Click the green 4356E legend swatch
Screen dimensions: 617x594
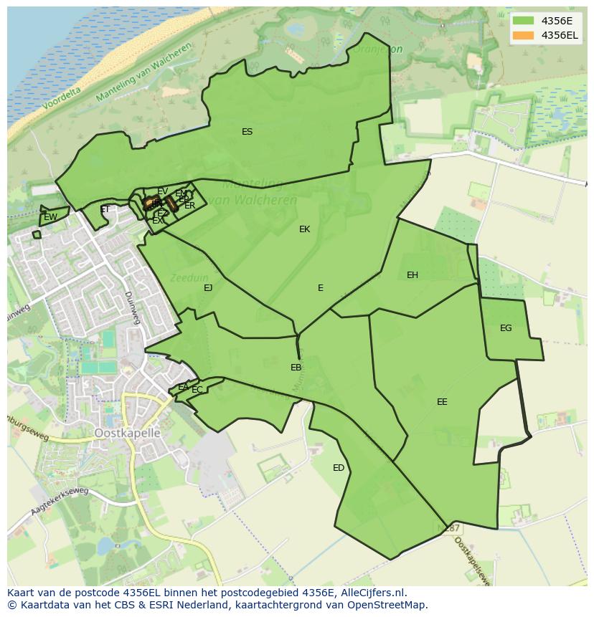(523, 21)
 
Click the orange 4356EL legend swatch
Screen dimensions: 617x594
(523, 35)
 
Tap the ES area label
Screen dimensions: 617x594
(247, 132)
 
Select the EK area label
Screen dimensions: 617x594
(305, 229)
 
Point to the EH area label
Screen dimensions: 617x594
(412, 275)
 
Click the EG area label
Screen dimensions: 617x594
(506, 328)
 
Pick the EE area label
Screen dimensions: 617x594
(442, 402)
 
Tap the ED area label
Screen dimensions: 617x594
(339, 468)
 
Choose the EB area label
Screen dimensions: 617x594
(296, 368)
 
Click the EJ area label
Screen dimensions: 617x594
(208, 288)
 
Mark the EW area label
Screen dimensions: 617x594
(50, 217)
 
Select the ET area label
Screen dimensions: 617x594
(105, 210)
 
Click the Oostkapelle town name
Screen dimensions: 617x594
(127, 434)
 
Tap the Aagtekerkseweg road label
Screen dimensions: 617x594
(59, 502)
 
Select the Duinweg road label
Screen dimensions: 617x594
(131, 307)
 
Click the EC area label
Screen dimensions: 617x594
(197, 390)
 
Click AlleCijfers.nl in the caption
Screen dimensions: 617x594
(372, 593)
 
